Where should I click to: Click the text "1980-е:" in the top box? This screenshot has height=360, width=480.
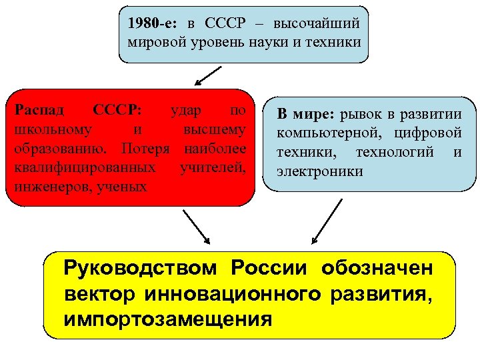150,23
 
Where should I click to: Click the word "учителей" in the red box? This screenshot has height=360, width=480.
213,166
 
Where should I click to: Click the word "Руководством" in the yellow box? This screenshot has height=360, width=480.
141,269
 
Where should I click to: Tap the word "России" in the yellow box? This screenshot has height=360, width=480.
270,269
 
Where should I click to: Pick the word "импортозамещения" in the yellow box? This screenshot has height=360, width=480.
168,319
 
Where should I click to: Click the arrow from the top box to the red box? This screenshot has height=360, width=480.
208,76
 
